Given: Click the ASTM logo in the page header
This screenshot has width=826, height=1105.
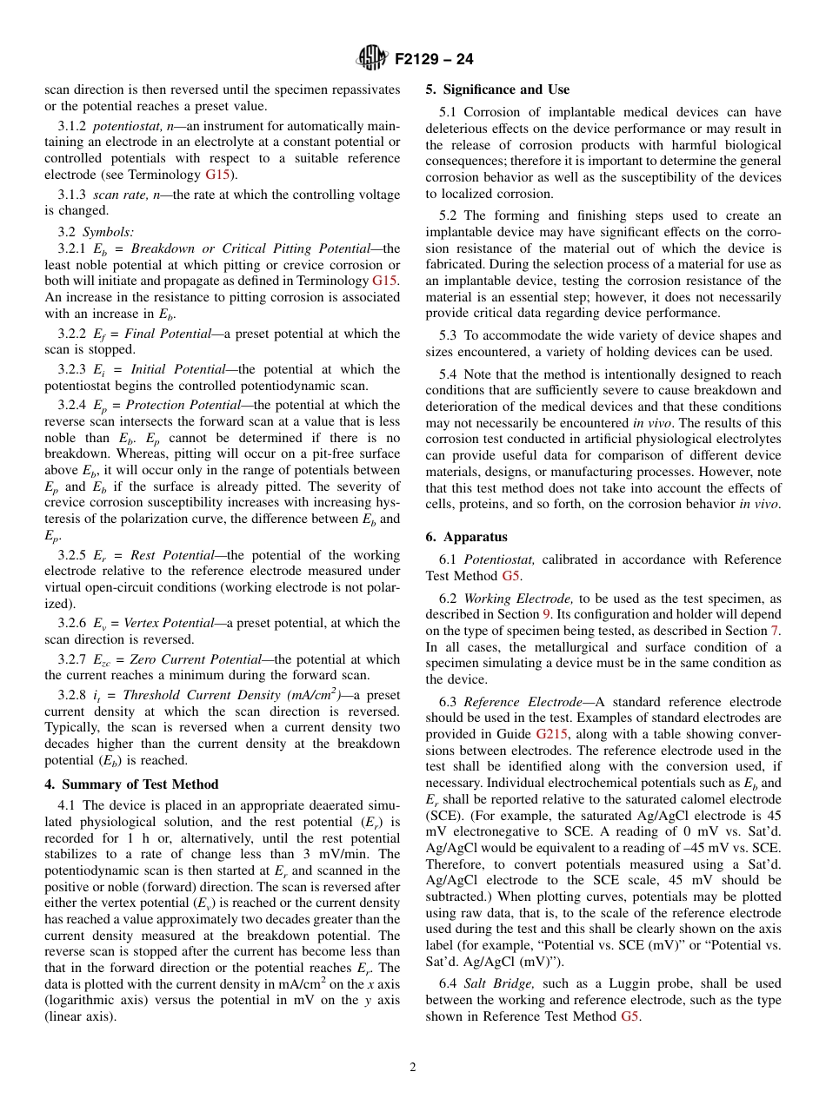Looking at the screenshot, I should (371, 59).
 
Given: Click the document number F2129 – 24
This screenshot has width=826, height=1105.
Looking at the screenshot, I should (434, 60).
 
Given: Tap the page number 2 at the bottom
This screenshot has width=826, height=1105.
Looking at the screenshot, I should (413, 1068).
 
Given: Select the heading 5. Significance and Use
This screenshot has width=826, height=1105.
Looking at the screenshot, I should (497, 89).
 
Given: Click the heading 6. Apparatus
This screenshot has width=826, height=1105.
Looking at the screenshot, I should (466, 537).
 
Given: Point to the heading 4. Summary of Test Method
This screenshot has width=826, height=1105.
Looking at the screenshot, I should (131, 784).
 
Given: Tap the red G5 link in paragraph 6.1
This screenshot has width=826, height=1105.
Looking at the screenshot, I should (512, 576).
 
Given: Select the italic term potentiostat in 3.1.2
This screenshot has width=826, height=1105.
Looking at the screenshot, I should (121, 126).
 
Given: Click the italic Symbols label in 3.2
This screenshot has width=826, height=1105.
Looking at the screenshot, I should (109, 232).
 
